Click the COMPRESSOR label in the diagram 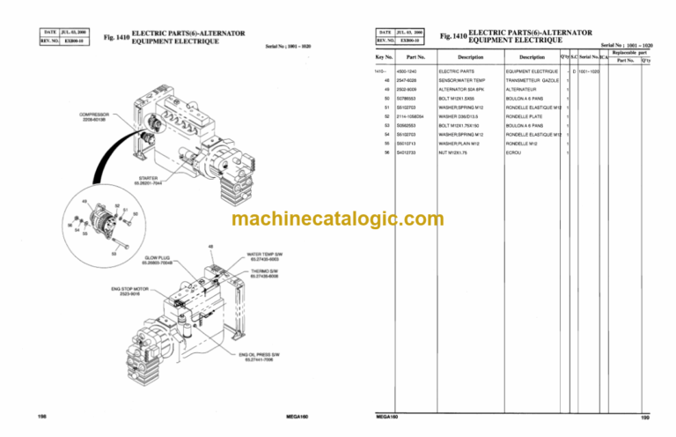pyautogui.click(x=94, y=117)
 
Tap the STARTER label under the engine pyautogui.click(x=148, y=179)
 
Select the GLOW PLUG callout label pyautogui.click(x=158, y=259)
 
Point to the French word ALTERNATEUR pyautogui.click(x=524, y=89)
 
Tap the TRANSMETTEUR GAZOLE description pyautogui.click(x=534, y=80)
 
